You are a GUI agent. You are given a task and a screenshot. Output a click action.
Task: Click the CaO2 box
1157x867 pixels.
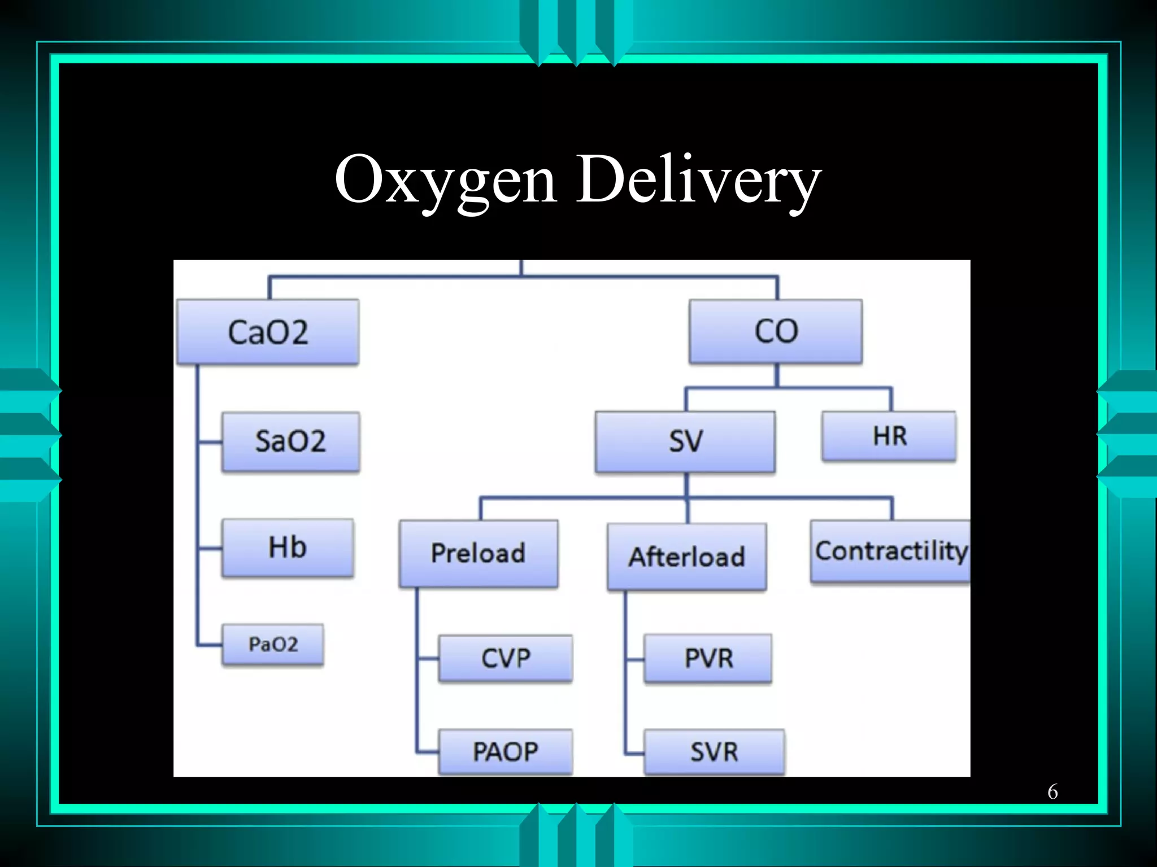[x=268, y=332]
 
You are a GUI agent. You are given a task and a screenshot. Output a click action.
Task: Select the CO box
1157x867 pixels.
[x=776, y=331]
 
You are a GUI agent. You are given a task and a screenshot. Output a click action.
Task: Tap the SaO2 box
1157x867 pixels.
[x=290, y=441]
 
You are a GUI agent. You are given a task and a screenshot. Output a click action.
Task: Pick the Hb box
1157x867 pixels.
[x=288, y=548]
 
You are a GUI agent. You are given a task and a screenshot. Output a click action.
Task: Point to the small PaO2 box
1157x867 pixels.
[x=273, y=644]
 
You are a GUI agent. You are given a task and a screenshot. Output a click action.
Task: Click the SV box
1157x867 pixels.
[x=685, y=441]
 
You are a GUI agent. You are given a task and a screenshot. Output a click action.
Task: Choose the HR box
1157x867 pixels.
[x=889, y=436]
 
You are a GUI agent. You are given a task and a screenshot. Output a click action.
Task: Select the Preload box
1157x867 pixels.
[x=479, y=553]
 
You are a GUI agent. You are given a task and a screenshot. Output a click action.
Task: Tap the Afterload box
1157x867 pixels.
[x=687, y=557]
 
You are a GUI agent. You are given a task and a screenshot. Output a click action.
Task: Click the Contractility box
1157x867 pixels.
[x=890, y=551]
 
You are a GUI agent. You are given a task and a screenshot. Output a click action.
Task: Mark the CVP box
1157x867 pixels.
[x=506, y=658]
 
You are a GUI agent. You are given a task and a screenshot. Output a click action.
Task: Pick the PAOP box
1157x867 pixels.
[x=506, y=752]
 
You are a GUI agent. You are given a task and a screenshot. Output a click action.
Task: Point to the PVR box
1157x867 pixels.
[x=708, y=658]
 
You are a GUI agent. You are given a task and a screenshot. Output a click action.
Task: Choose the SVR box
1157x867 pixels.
[x=714, y=752]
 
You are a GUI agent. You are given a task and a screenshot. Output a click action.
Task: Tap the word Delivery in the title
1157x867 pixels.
[x=699, y=179]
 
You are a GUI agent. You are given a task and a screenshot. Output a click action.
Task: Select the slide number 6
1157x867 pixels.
[x=1052, y=792]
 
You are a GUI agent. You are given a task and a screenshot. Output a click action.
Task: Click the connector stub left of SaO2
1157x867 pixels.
[x=210, y=442]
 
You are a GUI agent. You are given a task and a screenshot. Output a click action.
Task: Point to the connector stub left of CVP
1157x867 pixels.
[x=428, y=658]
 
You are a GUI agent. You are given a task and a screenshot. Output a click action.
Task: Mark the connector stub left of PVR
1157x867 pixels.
[x=635, y=659]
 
